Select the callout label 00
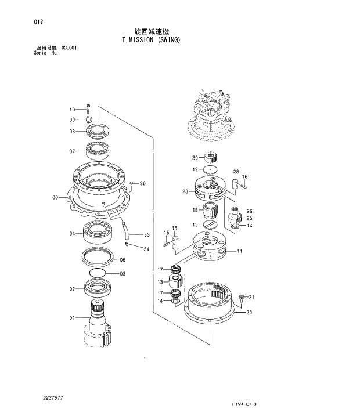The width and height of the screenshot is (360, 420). pos(56,198)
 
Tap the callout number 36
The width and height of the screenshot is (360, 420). pos(142,184)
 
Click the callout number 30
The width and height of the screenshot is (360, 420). pos(195,157)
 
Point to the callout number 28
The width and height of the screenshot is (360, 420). pos(236,172)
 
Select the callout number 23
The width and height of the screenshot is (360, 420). pos(185,191)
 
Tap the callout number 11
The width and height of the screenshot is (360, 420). pos(239,251)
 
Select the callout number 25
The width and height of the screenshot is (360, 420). pos(249,218)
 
